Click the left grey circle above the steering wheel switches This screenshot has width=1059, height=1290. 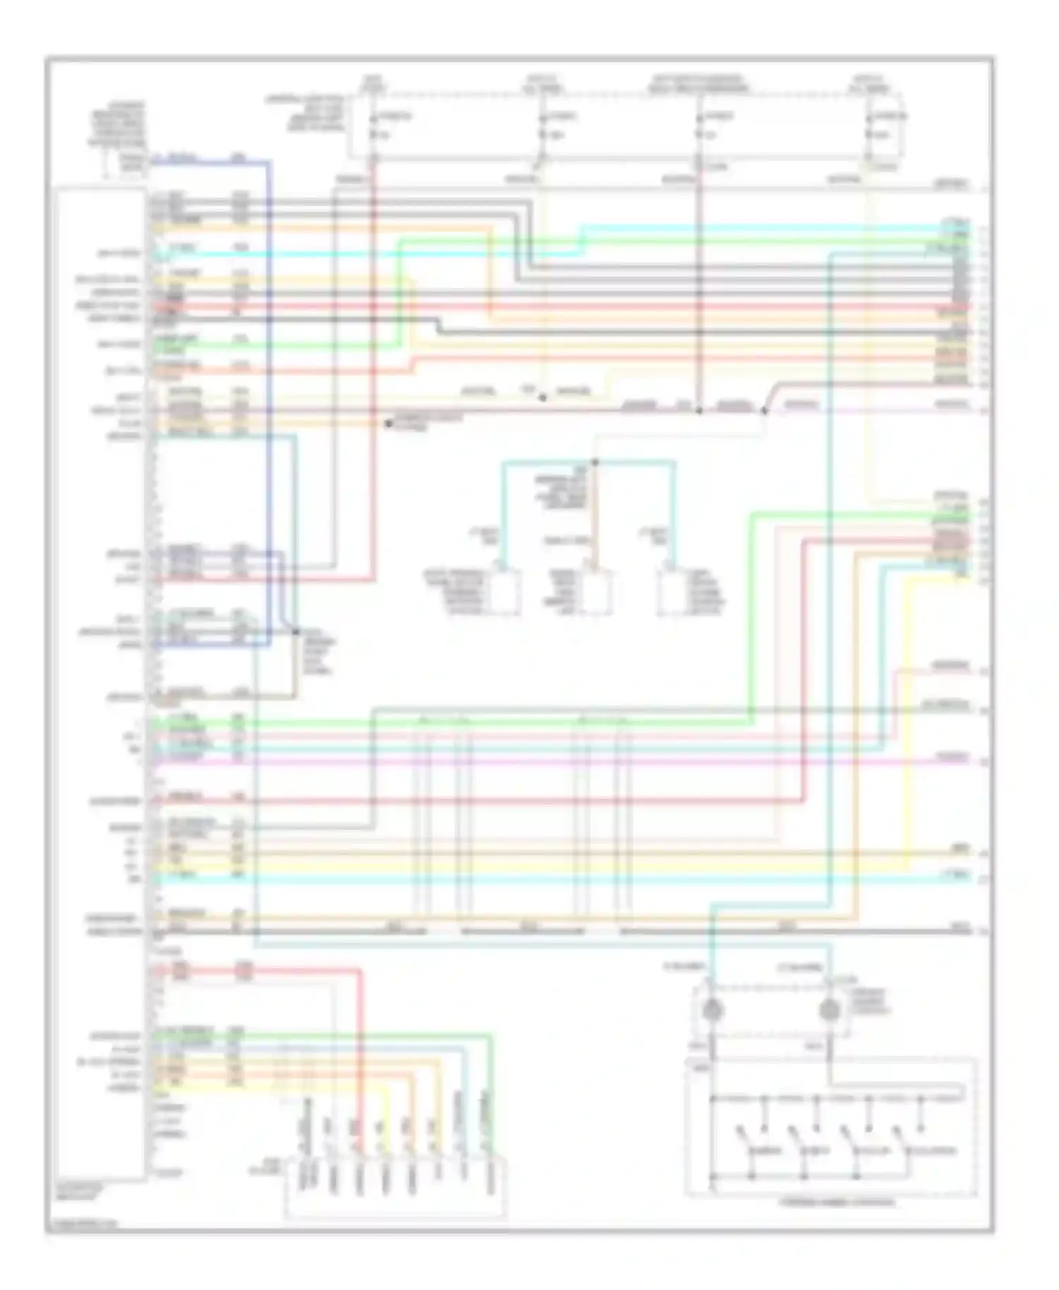714,1011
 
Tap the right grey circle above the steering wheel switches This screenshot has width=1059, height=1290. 830,1011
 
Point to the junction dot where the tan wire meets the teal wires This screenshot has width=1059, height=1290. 594,463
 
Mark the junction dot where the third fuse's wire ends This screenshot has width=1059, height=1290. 699,410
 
